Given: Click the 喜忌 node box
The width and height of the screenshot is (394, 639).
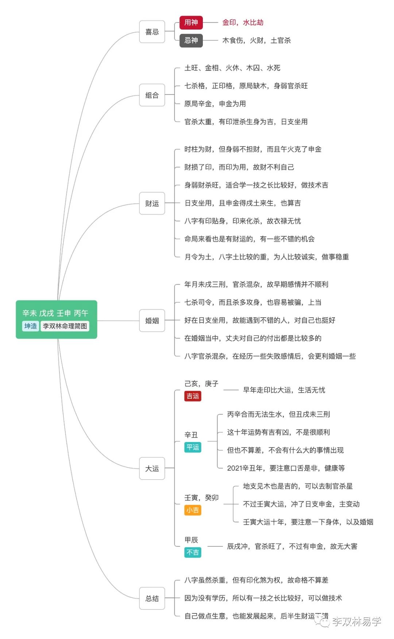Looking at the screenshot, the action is tap(152, 32).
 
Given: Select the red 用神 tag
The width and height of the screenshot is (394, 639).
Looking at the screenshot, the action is tap(191, 23).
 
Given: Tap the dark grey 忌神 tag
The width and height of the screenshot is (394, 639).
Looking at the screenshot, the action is tap(191, 40).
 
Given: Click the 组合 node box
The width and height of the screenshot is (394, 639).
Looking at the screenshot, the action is tap(152, 95).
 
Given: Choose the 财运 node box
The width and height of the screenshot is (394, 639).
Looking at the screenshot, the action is tap(152, 203).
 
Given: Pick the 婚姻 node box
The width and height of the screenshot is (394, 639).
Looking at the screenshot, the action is tap(152, 321).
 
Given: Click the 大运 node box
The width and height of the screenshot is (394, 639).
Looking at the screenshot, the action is tap(152, 468).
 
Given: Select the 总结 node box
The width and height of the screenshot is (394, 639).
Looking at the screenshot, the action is tap(152, 598).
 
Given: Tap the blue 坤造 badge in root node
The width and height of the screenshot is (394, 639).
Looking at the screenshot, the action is tap(31, 326).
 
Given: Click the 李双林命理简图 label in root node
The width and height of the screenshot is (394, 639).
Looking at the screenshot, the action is tap(65, 326).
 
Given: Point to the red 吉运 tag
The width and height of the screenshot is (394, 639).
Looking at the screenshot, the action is tap(193, 396).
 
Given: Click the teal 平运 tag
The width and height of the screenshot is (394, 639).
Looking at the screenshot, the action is tap(193, 447).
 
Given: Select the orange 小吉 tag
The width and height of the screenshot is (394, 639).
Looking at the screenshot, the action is tap(193, 510).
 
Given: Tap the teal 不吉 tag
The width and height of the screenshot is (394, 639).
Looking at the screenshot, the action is tap(193, 552).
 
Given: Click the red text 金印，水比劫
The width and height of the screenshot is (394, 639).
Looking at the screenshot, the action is tap(243, 23).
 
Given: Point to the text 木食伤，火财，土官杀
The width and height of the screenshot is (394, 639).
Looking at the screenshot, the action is tap(256, 40).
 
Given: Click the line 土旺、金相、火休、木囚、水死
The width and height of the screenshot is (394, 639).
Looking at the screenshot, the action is tap(232, 68).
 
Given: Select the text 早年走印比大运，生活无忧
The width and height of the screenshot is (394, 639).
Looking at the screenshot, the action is tap(284, 390).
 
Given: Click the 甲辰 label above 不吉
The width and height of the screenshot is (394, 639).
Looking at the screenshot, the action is tap(191, 540).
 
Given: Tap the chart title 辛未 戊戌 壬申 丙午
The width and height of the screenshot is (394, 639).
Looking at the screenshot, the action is tap(55, 313).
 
